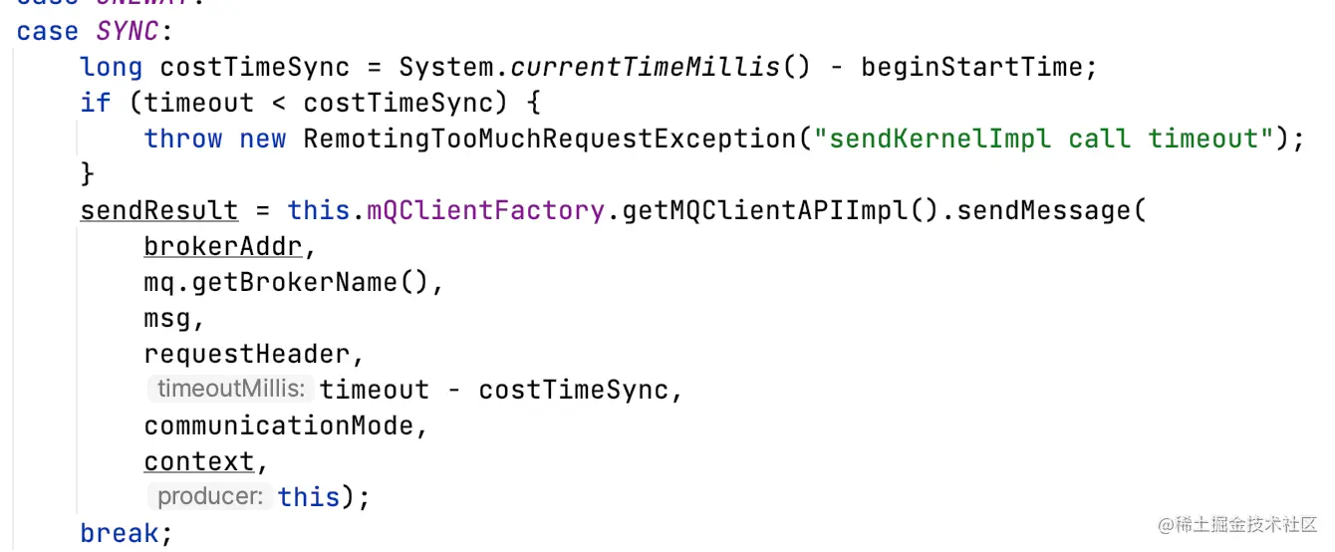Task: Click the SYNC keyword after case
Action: tap(127, 32)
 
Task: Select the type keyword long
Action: tap(111, 68)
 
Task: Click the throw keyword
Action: tap(183, 138)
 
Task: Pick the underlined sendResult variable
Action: tap(159, 211)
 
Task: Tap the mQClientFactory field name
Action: tap(485, 211)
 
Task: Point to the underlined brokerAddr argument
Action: tap(222, 247)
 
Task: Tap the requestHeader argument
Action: tap(246, 355)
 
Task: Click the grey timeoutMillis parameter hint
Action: tap(230, 390)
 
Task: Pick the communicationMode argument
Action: tap(278, 426)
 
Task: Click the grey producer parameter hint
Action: tap(208, 496)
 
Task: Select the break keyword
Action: tap(119, 533)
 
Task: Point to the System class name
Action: tap(446, 68)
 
